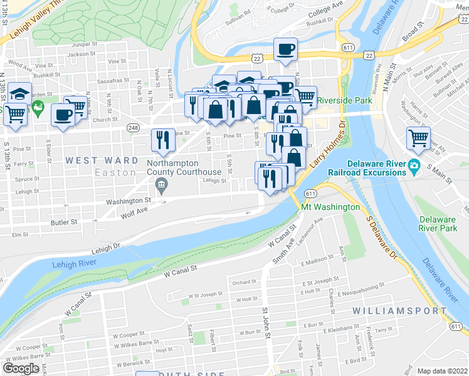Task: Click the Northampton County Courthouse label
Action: pos(183,167)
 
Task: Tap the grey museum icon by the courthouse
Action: pos(161,184)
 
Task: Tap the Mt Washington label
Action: pos(330,207)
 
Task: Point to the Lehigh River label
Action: pos(74,265)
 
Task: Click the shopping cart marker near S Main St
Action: pos(418,138)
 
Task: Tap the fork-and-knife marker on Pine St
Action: pos(163,140)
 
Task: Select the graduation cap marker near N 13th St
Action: pos(20,94)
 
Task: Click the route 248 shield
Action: pos(134,128)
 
